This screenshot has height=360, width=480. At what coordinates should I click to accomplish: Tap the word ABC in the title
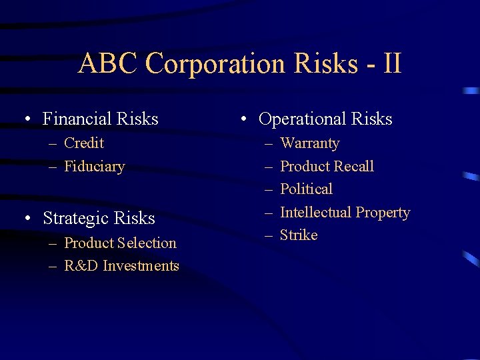coord(108,64)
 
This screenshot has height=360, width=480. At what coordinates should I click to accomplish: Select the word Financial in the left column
coord(77,119)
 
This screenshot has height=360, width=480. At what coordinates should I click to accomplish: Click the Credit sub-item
coord(84,143)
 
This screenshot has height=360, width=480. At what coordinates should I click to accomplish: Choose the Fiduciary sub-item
coord(94,167)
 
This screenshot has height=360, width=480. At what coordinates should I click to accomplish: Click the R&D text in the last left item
coord(81,266)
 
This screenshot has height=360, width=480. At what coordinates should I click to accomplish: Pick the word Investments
coord(140,266)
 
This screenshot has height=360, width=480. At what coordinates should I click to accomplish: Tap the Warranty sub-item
coord(309,143)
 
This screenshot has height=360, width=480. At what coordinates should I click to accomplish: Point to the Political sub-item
coord(306,189)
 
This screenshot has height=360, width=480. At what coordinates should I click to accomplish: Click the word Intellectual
coord(316,213)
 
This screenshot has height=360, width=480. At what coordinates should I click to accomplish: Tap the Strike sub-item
coord(299,235)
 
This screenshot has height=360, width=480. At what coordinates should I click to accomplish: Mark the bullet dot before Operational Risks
coord(245,120)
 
